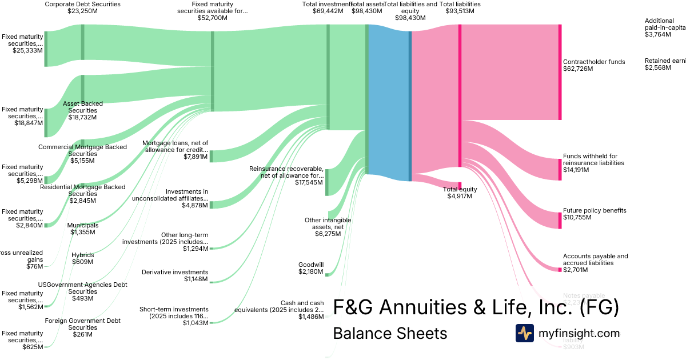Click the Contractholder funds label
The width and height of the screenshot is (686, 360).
[x=594, y=62]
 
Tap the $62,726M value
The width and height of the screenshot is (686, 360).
[x=578, y=69]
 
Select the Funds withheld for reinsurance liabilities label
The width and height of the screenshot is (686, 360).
[x=593, y=159]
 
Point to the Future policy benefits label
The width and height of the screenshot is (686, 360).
[x=595, y=210]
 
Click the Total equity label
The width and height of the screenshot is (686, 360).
[x=460, y=189]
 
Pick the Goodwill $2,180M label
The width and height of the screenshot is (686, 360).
[x=311, y=269]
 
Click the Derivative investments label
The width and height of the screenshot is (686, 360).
[x=175, y=272]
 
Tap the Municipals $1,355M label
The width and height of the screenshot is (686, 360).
[x=82, y=229]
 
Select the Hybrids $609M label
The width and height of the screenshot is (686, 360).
[x=82, y=258]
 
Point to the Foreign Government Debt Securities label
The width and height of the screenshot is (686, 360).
[x=82, y=324]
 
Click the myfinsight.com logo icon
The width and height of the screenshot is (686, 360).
[x=524, y=333]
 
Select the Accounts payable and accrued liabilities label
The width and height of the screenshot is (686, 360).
[x=595, y=260]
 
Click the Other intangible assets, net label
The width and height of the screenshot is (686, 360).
[x=328, y=223]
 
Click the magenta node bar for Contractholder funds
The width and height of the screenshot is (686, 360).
[x=560, y=72]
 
